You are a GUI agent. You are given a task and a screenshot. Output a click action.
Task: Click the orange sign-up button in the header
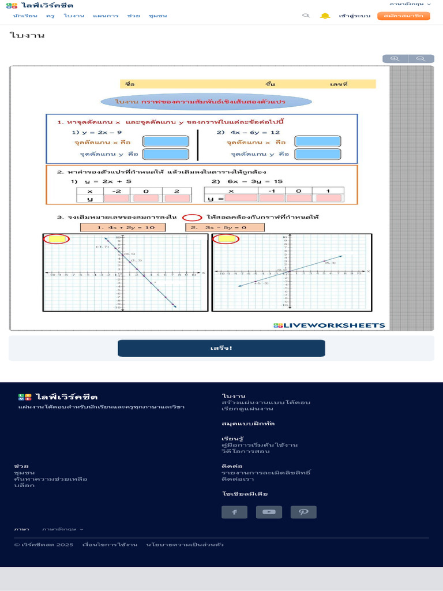404,16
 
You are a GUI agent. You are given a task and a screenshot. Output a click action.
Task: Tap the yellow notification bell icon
325,16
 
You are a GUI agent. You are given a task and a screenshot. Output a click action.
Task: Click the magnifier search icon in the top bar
306,16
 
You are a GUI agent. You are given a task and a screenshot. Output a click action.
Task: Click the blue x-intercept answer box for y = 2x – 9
166,141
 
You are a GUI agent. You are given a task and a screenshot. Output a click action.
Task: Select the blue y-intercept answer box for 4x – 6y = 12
317,154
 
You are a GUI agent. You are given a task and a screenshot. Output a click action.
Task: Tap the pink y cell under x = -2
116,199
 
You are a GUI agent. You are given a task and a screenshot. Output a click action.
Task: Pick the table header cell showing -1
272,191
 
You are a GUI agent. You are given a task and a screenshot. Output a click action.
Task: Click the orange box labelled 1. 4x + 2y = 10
122,227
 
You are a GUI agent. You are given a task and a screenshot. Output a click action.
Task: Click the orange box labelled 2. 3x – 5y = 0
224,227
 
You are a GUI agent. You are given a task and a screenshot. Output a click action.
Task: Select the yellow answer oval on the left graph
56,239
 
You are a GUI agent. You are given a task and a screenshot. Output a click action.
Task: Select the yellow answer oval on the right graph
226,239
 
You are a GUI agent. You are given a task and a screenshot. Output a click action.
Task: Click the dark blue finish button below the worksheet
221,348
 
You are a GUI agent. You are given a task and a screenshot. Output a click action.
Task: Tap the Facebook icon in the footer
234,512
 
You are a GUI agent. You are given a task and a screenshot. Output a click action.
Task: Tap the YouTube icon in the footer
269,512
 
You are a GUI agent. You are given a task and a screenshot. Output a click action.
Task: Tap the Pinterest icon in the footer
303,512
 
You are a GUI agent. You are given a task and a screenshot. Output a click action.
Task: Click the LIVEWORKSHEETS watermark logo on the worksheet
329,326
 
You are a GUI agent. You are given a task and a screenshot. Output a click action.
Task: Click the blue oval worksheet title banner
206,102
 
